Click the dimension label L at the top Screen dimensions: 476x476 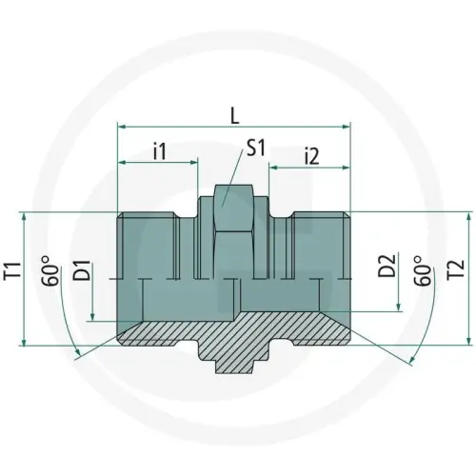[235, 113]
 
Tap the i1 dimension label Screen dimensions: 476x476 [160, 151]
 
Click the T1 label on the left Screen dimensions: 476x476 [12, 276]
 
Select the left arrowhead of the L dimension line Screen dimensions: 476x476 [121, 124]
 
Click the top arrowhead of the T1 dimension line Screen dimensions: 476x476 [22, 215]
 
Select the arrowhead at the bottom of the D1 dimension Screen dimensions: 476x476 [91, 319]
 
